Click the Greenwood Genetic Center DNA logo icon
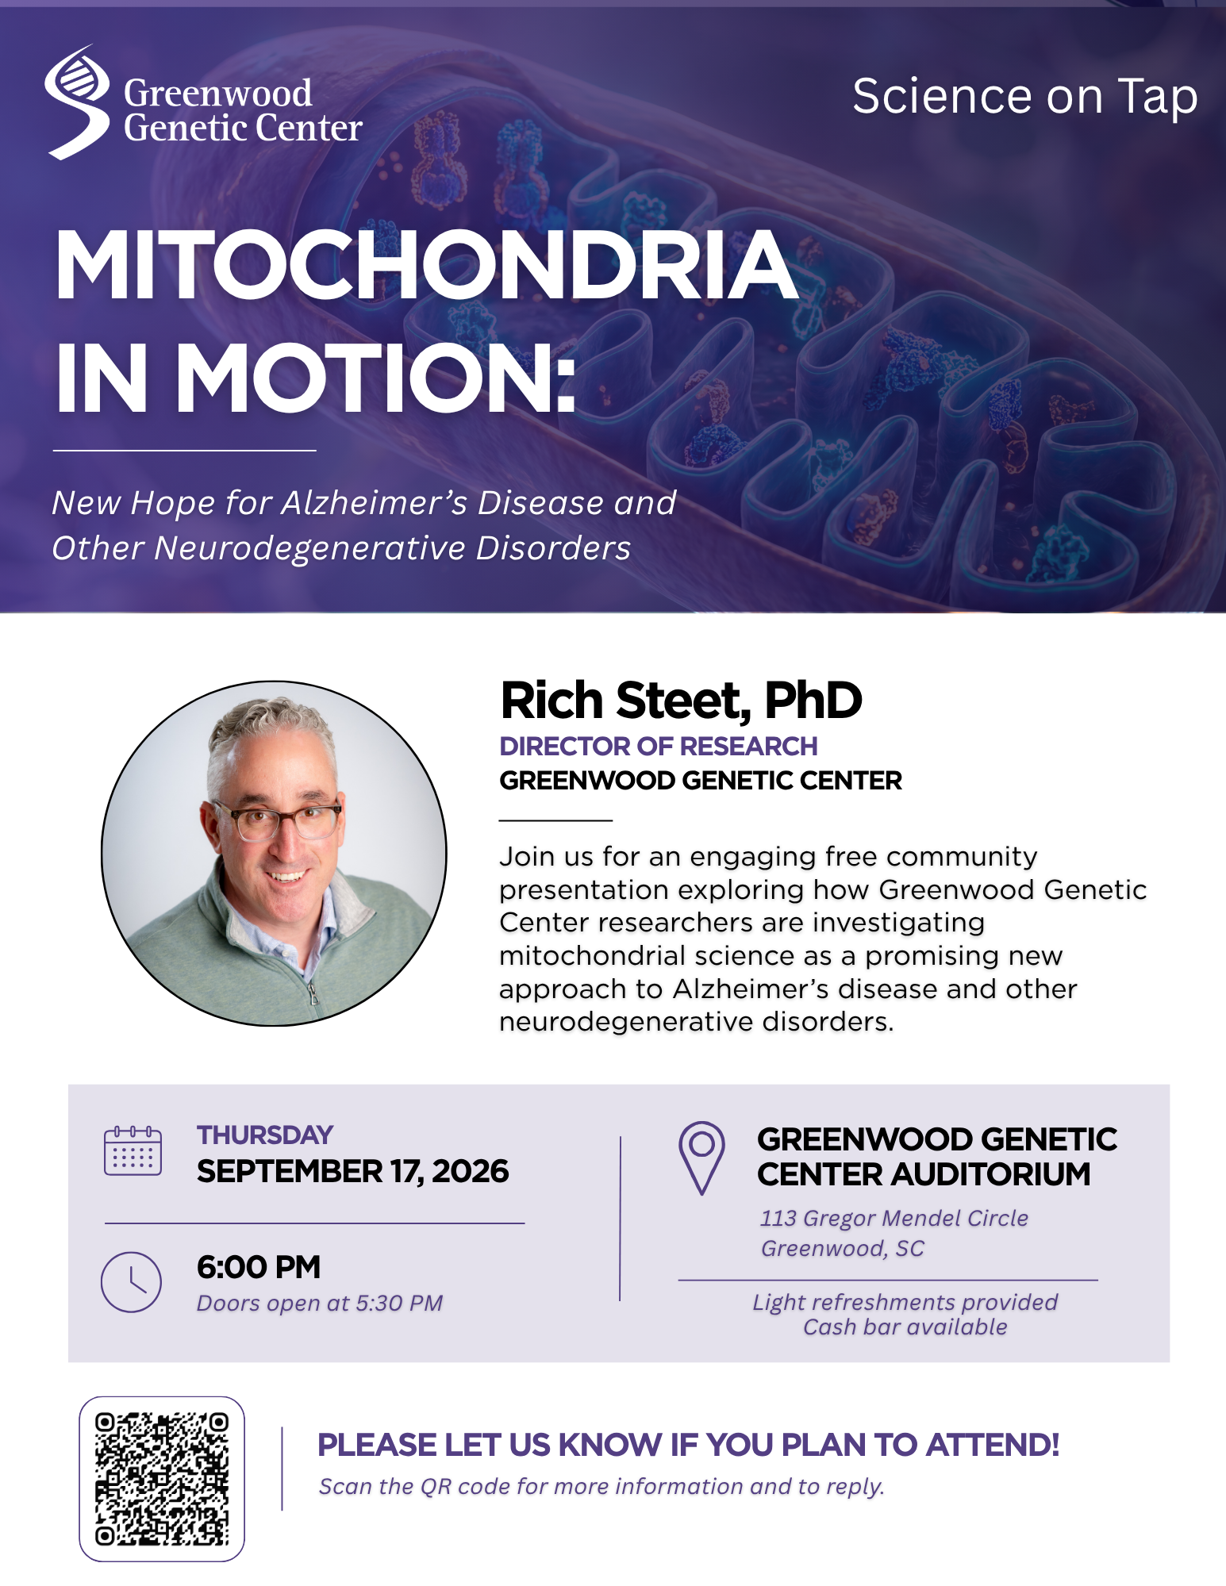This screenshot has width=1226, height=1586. [77, 102]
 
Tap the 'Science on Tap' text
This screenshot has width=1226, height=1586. [1024, 97]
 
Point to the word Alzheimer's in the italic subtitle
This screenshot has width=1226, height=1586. [375, 502]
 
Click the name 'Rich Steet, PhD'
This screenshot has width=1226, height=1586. [681, 701]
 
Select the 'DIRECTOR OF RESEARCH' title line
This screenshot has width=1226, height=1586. [658, 747]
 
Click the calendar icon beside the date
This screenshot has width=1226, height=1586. [133, 1150]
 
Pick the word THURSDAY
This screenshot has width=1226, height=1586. [265, 1135]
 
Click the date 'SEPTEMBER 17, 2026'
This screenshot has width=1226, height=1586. [352, 1172]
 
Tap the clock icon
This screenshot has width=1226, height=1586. [131, 1282]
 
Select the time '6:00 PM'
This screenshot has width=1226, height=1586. [259, 1267]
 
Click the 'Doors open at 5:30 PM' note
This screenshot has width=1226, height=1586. [320, 1304]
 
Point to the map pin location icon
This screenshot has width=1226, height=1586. [701, 1158]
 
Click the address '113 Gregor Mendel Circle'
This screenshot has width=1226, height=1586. [894, 1219]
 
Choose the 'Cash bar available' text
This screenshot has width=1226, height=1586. [905, 1327]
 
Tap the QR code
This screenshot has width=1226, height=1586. [162, 1479]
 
